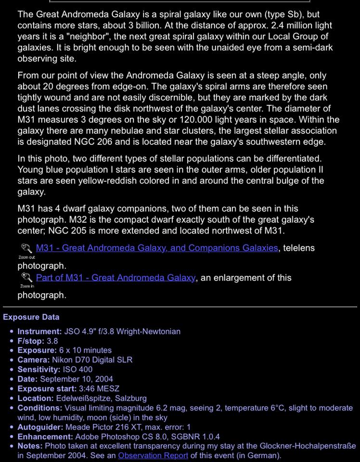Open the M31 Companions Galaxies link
click(157, 248)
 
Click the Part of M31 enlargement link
click(116, 278)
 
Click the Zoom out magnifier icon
click(26, 248)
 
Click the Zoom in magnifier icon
click(26, 278)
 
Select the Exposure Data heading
click(31, 317)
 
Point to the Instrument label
click(39, 331)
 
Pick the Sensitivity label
click(39, 369)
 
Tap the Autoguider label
click(40, 427)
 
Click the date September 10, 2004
click(77, 379)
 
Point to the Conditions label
click(40, 408)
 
